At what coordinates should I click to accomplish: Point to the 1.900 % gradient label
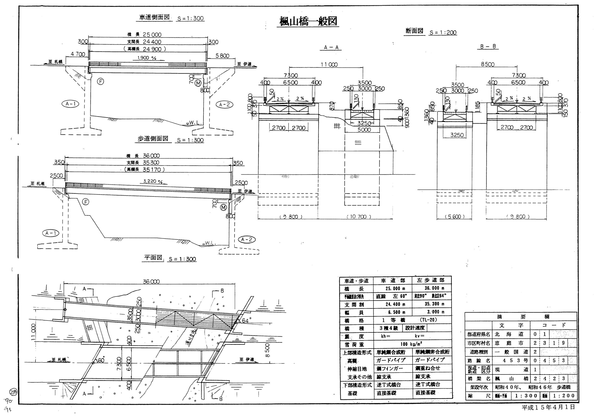coord(147,58)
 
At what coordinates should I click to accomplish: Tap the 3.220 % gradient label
coord(153,181)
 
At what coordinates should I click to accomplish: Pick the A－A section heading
coord(331,47)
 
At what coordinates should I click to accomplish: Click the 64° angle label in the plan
coord(245,321)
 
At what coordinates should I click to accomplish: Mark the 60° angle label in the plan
coord(101,360)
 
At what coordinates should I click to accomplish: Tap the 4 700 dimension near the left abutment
coord(77,54)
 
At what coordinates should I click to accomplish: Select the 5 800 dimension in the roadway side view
coord(222,56)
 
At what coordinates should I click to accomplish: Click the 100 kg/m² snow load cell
coord(411,344)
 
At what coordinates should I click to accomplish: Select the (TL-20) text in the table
coord(428,320)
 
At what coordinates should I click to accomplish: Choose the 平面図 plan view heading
coord(153,258)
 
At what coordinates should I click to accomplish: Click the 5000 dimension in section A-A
coord(364,130)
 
